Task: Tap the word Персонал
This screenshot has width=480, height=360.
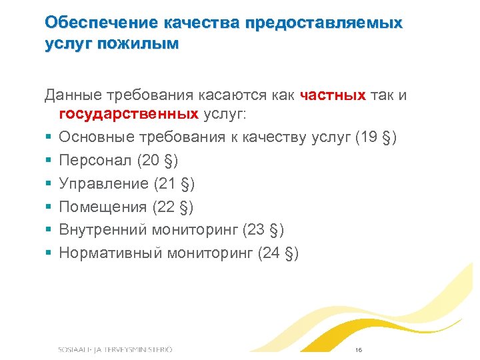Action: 94,161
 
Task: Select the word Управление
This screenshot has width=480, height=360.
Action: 103,183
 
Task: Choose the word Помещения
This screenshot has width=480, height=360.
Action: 103,207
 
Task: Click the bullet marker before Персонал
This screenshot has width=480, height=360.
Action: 49,161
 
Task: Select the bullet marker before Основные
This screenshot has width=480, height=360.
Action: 49,138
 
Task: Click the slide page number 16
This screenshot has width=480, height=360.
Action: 359,349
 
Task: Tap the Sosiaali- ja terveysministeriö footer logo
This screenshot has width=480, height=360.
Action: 115,349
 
